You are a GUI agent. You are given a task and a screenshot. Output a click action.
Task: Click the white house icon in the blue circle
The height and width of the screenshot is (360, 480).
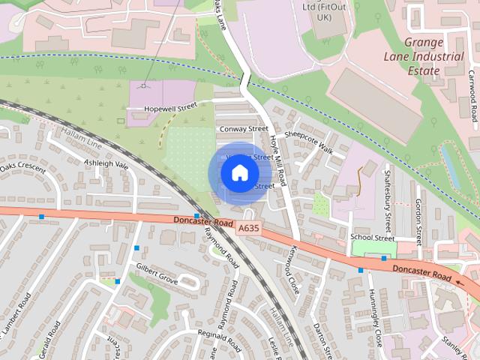239,173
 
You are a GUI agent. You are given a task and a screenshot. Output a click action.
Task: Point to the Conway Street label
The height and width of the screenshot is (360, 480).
242,129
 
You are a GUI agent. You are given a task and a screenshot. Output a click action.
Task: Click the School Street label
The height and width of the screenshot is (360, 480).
372,238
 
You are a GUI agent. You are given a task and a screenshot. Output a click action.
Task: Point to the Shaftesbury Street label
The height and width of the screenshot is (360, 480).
388,200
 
